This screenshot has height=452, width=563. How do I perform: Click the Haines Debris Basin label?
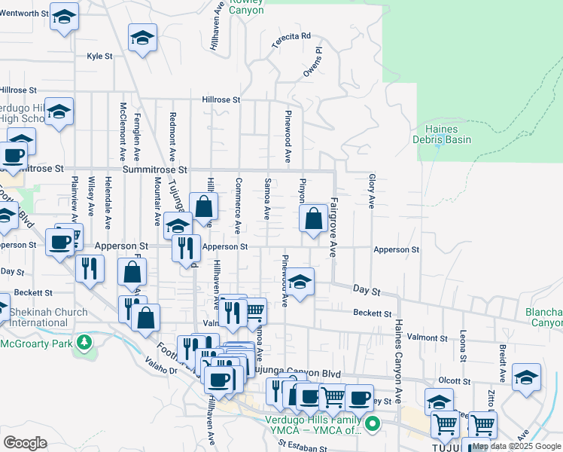click(x=442, y=134)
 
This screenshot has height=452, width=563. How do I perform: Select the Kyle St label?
click(x=99, y=56)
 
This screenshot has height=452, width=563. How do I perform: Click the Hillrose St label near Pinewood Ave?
click(x=221, y=99)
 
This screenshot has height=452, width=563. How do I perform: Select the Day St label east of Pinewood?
click(x=363, y=290)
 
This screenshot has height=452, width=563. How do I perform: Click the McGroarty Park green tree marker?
click(x=87, y=342)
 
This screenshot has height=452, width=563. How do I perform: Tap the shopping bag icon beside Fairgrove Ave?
click(x=314, y=218)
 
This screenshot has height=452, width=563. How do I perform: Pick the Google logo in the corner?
click(x=25, y=443)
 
